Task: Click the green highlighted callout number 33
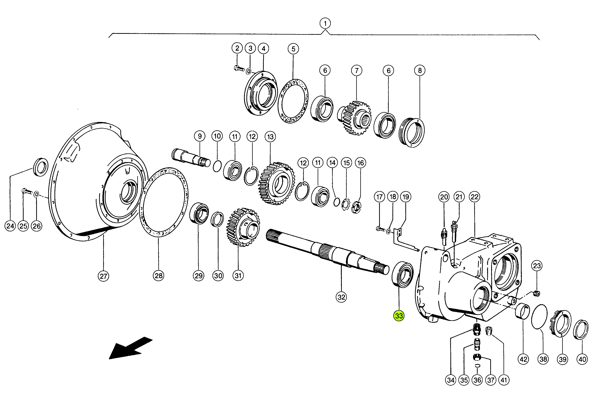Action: [x=399, y=316]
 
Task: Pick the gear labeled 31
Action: [x=243, y=227]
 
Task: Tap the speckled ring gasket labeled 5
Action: [x=293, y=101]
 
